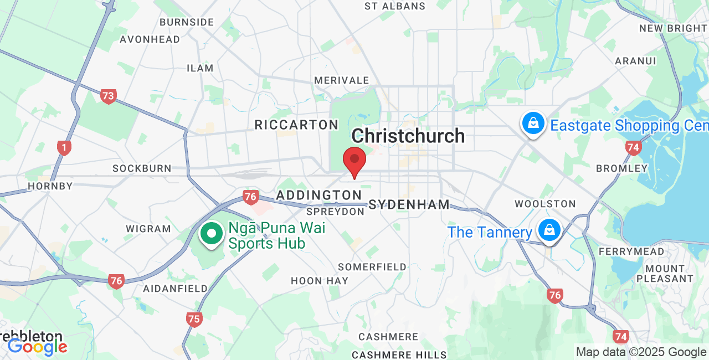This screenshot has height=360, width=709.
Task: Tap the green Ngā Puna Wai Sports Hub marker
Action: [x=211, y=233]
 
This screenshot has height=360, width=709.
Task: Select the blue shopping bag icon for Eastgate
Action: [x=533, y=124]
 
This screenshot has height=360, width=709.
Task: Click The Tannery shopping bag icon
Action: [x=549, y=229]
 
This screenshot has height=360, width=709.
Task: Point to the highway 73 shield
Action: [x=108, y=96]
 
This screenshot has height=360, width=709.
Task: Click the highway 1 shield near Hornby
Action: [x=64, y=147]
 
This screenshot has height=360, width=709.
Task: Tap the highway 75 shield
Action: [x=194, y=318]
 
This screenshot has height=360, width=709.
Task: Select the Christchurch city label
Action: [x=408, y=136]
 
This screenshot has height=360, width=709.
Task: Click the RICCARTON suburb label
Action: [x=296, y=125]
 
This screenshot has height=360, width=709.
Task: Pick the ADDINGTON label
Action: [x=318, y=195]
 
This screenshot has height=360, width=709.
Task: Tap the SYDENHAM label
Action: [x=409, y=204]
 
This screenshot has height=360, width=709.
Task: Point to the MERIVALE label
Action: [x=341, y=80]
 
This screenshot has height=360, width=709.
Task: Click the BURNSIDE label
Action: [x=186, y=22]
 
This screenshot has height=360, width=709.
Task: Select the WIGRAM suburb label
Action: [x=148, y=229]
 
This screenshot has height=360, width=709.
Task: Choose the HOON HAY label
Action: [x=320, y=281]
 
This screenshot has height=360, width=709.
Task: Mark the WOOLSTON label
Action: [x=545, y=204]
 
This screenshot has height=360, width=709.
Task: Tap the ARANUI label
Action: [x=636, y=61]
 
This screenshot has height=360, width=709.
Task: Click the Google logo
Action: [x=38, y=347]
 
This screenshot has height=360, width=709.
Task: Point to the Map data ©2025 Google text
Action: [x=641, y=352]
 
